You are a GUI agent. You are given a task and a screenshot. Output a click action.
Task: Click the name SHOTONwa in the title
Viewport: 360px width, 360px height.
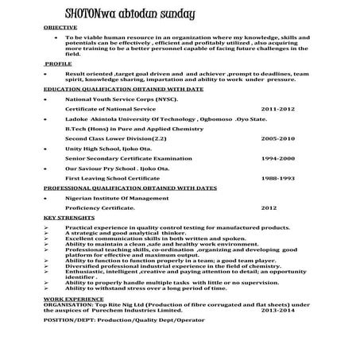click(x=93, y=15)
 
